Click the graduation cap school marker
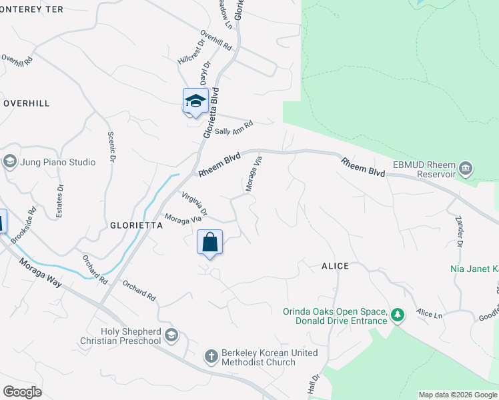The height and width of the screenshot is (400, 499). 195,101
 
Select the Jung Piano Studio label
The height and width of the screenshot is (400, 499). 57,161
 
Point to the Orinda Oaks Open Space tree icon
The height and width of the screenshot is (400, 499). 398,315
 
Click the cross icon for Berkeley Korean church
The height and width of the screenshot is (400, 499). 211,356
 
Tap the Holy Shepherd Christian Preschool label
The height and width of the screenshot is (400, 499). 131,336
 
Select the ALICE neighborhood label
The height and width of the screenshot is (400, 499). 335,266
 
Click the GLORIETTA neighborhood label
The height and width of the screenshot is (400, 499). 136,226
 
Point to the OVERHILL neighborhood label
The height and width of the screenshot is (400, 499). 26,104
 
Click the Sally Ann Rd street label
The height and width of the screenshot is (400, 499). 234,127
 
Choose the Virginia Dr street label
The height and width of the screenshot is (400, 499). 195,204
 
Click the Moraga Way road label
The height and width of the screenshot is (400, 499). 43,273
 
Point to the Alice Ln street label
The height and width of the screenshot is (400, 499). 428,313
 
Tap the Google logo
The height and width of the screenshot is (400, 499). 22,392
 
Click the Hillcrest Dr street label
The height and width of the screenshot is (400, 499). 189,55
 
